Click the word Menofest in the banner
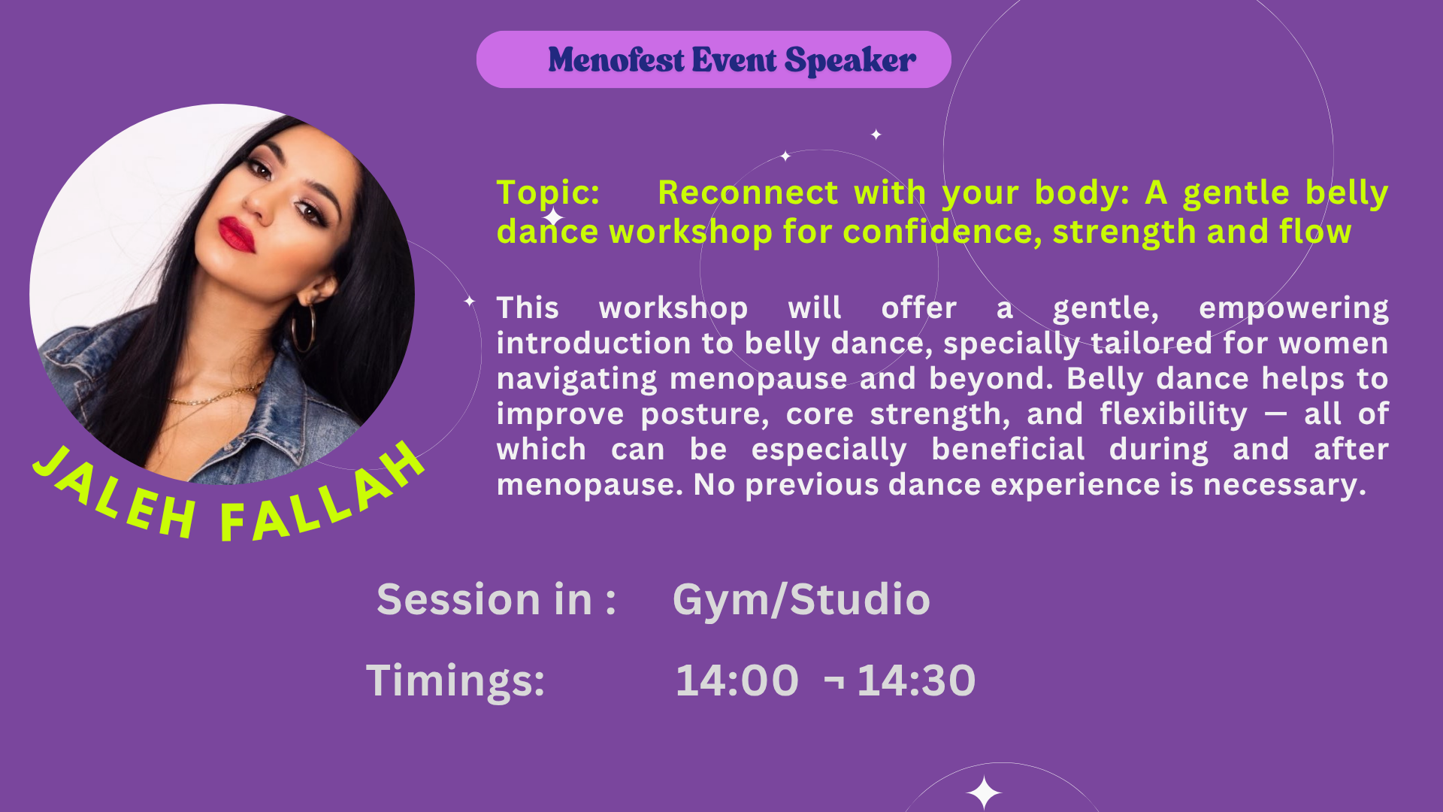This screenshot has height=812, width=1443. click(x=616, y=60)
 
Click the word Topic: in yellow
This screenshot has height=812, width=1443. click(x=548, y=194)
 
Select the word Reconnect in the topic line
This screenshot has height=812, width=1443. click(x=748, y=192)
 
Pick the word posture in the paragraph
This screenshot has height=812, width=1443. click(x=705, y=415)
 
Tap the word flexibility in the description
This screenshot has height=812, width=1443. click(x=1173, y=414)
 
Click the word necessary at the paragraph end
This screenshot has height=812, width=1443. click(x=1284, y=486)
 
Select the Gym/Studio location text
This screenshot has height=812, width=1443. click(x=801, y=601)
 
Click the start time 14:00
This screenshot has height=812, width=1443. click(x=737, y=680)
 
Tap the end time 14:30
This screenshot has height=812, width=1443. click(x=916, y=680)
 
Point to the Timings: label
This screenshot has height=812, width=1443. click(x=455, y=681)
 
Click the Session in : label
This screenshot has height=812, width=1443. click(x=496, y=599)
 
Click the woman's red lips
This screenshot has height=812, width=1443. click(x=237, y=234)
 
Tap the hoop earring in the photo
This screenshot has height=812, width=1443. click(x=303, y=328)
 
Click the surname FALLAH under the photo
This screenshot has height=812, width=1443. click(x=323, y=496)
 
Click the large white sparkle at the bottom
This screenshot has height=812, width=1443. click(x=983, y=792)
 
